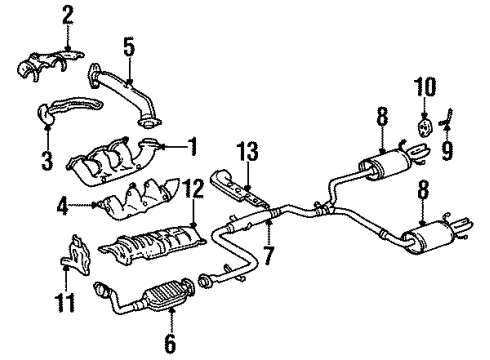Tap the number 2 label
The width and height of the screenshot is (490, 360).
click(x=67, y=15)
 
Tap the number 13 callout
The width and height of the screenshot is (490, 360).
click(x=249, y=153)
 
